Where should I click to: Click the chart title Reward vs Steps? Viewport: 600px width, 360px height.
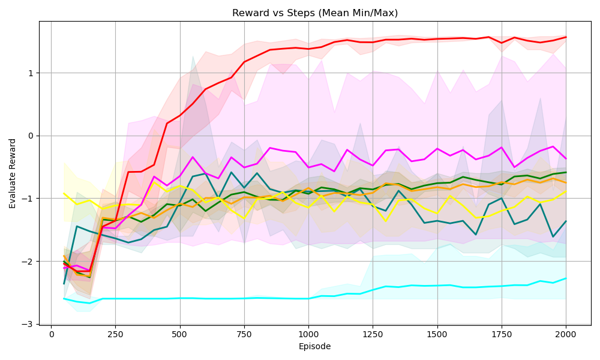click(315, 13)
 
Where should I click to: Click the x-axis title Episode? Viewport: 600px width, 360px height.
click(315, 346)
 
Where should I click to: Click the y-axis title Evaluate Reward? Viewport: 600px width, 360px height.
click(13, 173)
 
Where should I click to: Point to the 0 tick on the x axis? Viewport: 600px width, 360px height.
click(52, 334)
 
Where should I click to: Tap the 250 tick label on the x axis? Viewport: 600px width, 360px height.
click(116, 334)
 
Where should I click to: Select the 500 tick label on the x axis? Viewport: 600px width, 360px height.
click(180, 334)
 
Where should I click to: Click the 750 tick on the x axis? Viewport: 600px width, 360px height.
click(244, 334)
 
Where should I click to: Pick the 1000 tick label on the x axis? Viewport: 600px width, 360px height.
click(308, 334)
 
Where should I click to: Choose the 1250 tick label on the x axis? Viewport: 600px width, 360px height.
click(373, 334)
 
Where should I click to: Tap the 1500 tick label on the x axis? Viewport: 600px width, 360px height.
click(437, 334)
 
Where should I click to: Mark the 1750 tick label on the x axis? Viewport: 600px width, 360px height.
click(501, 334)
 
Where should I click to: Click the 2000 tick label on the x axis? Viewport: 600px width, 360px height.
click(565, 334)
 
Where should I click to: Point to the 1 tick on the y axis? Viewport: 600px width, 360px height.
click(31, 73)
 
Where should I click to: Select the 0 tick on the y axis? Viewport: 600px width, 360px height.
click(31, 136)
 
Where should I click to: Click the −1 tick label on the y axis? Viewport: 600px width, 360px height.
click(28, 199)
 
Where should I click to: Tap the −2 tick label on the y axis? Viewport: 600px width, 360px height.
click(28, 261)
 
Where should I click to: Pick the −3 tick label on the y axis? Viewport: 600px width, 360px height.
click(28, 324)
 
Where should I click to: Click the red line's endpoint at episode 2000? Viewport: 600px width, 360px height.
click(565, 37)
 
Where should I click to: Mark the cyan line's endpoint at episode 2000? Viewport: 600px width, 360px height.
click(565, 278)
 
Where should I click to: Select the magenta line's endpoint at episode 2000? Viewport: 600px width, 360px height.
click(565, 158)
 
